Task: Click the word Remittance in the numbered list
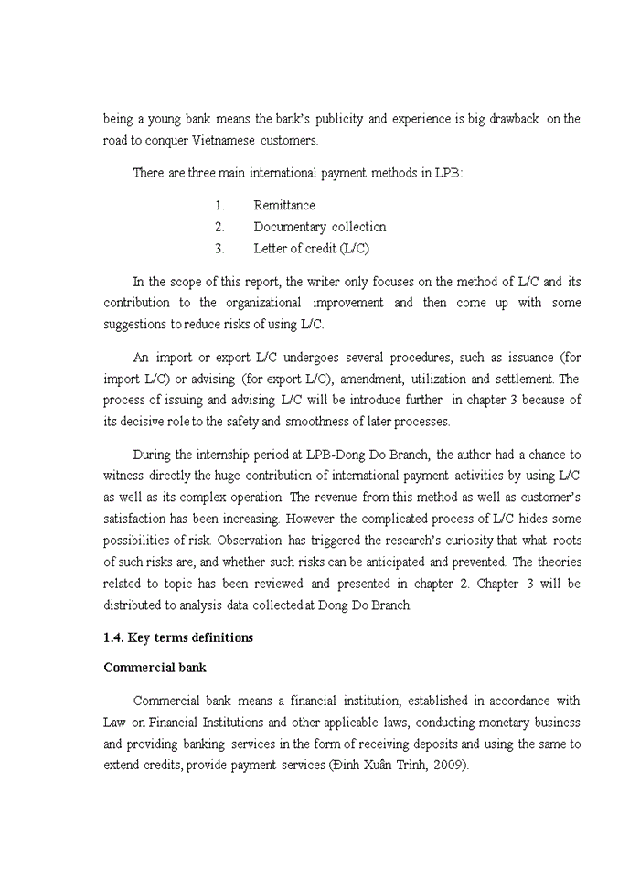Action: (x=284, y=206)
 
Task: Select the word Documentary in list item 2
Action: (x=290, y=227)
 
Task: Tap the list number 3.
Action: (x=219, y=249)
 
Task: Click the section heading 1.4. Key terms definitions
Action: (x=178, y=637)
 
